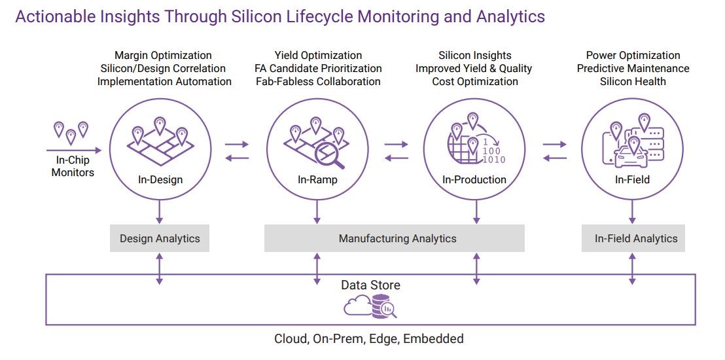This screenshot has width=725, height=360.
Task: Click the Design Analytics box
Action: (x=160, y=239)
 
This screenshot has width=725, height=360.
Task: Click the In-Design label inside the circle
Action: (x=160, y=179)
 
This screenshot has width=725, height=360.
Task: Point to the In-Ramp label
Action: (x=317, y=179)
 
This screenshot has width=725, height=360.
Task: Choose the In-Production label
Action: (x=474, y=179)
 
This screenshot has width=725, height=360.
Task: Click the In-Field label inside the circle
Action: (x=632, y=179)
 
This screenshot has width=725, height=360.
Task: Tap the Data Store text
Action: (x=370, y=285)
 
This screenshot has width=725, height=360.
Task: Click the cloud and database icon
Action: (x=370, y=306)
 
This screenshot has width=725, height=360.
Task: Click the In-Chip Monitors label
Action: (x=73, y=166)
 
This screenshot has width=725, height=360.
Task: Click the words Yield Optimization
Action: (x=318, y=56)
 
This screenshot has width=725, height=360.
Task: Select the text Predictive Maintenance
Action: (x=633, y=69)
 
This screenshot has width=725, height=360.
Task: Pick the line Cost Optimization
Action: (x=475, y=82)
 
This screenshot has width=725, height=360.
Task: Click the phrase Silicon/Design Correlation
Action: (x=163, y=69)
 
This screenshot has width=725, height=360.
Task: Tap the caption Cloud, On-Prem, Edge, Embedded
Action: (x=369, y=339)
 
